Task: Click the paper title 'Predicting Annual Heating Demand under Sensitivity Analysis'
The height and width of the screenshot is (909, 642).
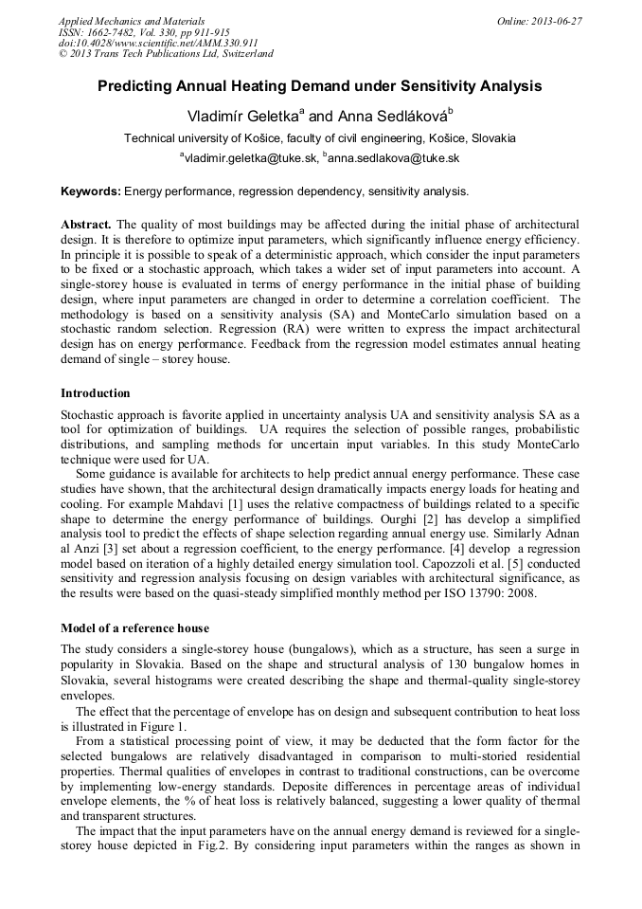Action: (320, 86)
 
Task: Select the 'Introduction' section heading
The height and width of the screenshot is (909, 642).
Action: (96, 393)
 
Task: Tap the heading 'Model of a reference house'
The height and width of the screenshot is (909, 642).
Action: (134, 628)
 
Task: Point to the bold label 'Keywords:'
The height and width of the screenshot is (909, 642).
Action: (90, 191)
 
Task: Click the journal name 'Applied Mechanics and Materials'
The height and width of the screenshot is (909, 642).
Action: (132, 21)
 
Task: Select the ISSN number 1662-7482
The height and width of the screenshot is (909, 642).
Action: (122, 32)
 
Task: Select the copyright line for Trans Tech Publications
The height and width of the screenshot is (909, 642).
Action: (166, 55)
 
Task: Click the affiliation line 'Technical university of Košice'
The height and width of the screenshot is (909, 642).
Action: (320, 138)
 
